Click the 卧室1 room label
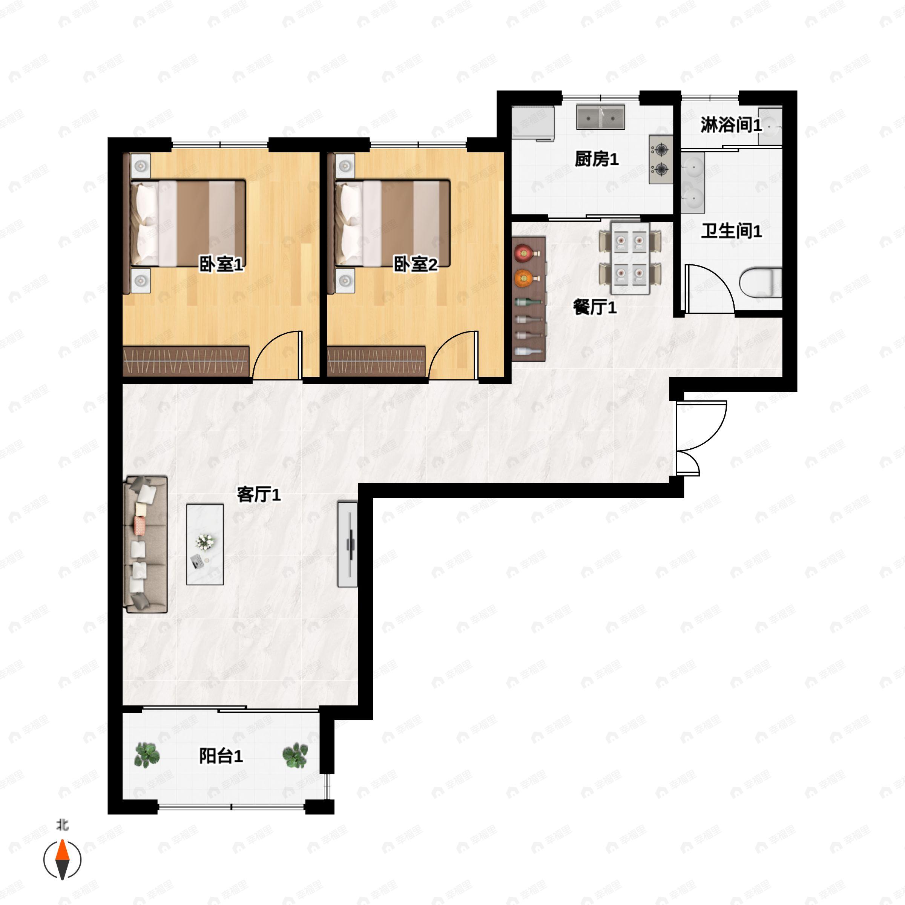pyautogui.click(x=221, y=265)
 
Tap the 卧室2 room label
pyautogui.click(x=415, y=265)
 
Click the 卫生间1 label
pyautogui.click(x=731, y=231)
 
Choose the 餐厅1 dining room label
pyautogui.click(x=594, y=308)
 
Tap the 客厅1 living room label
pyautogui.click(x=259, y=495)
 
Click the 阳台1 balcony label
pyautogui.click(x=221, y=756)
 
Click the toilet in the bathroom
pyautogui.click(x=761, y=282)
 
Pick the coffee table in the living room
pyautogui.click(x=205, y=544)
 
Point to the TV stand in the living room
pyautogui.click(x=348, y=544)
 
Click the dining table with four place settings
pyautogui.click(x=630, y=259)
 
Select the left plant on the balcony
pyautogui.click(x=147, y=755)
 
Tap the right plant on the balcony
pyautogui.click(x=295, y=755)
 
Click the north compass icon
pyautogui.click(x=62, y=860)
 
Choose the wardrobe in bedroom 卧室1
pyautogui.click(x=186, y=361)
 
